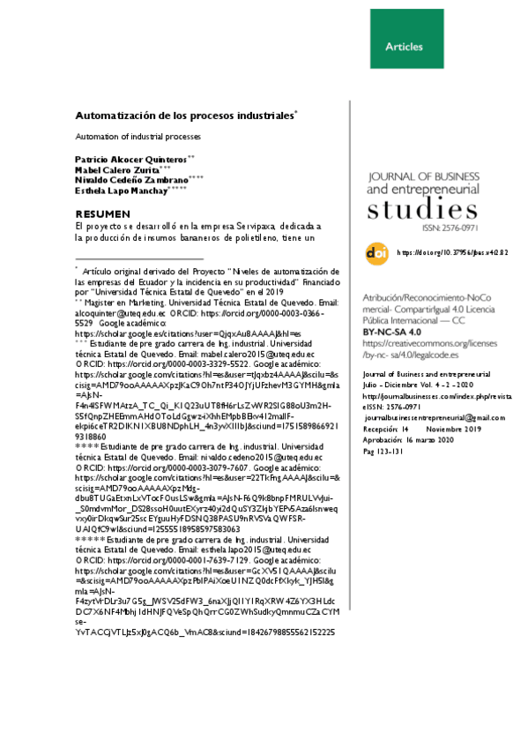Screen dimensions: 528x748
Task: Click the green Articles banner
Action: click(x=404, y=46)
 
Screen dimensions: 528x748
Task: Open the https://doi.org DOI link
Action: click(x=453, y=252)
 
